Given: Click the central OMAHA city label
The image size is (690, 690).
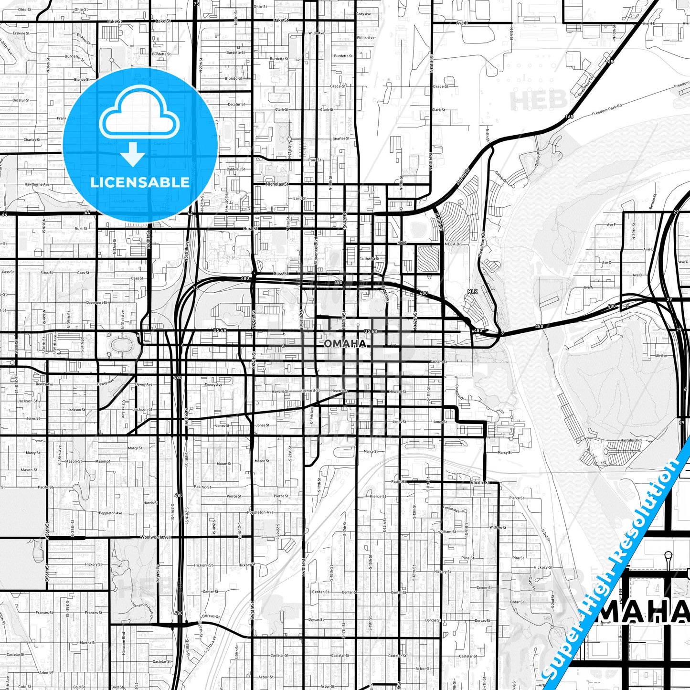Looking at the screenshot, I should (345, 344).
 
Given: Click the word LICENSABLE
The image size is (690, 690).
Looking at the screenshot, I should (139, 182).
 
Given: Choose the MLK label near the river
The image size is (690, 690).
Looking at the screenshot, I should (472, 291).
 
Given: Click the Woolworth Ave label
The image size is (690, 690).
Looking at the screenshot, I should (156, 537).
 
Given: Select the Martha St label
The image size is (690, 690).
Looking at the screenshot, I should (87, 643).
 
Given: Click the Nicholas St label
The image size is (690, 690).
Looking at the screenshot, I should (277, 184).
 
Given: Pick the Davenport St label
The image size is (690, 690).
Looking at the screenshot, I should (97, 303).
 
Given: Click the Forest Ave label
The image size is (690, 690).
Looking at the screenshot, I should (451, 509).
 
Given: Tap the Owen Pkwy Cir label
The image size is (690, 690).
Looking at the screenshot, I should (586, 86).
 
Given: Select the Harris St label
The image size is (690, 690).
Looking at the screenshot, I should (150, 503).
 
